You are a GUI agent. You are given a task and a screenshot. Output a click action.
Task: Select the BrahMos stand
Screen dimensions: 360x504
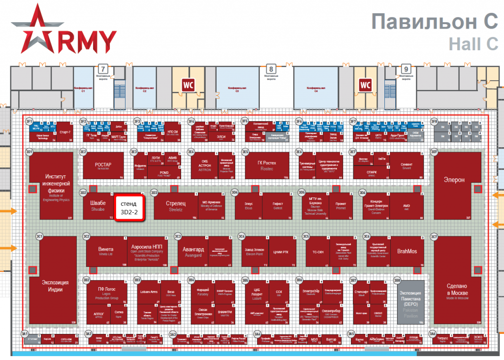coord(407,252)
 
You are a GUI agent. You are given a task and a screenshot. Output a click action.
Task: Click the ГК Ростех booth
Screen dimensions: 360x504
coord(267,165)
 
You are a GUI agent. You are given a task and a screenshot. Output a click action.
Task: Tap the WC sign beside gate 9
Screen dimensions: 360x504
coord(365,85)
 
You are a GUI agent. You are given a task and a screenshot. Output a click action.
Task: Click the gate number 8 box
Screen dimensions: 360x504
coord(270,69)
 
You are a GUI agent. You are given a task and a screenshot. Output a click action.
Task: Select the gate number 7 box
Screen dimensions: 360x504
coord(102,69)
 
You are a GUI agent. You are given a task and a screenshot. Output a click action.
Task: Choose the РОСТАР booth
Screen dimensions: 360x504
coord(103,165)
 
